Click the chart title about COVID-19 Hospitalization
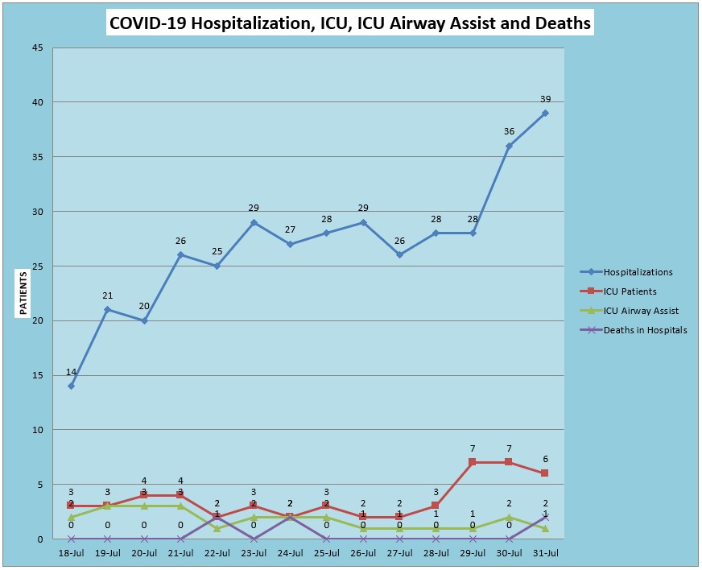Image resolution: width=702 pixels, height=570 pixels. pos(350,23)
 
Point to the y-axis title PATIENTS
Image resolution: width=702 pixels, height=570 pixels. pos(23,293)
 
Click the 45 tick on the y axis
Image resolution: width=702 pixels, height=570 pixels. pos(38,47)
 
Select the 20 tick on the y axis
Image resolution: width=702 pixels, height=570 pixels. pos(38,320)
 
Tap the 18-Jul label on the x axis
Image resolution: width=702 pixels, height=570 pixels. pos(71,553)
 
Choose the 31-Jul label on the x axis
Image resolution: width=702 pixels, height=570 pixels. pos(545,553)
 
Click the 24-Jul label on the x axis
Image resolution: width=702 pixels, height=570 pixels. pos(290,553)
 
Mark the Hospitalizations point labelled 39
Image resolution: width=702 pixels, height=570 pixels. pos(545,113)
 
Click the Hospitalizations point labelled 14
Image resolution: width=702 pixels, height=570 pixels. pos(71,386)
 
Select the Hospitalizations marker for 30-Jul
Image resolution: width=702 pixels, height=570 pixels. pos(509,146)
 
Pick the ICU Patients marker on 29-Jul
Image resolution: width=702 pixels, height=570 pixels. pos(473,462)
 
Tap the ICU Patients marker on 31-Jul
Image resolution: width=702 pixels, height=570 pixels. pos(545,473)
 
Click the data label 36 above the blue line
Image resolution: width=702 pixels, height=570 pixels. pos(509,131)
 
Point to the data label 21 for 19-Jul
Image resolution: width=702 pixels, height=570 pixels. pos(107,295)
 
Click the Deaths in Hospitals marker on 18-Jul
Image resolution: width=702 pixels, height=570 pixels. pos(71,539)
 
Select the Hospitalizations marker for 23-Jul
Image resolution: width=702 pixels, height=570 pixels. pos(254,222)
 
